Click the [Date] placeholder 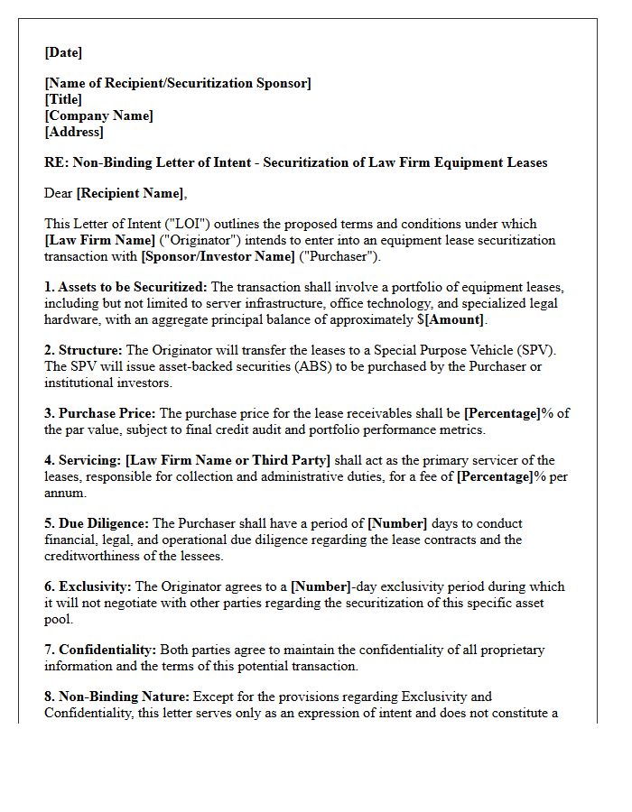tap(63, 52)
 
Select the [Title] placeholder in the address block tap(63, 99)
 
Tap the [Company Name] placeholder tap(98, 115)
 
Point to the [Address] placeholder tap(74, 132)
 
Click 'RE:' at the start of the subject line tap(56, 162)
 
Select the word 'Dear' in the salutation tap(59, 193)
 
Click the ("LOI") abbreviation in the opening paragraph tap(155, 224)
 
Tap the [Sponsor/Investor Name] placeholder tap(218, 256)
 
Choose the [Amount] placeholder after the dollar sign tap(456, 319)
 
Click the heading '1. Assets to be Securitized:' tap(125, 287)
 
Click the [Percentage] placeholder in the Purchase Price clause tap(501, 413)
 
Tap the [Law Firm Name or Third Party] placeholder tap(228, 460)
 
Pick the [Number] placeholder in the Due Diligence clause tap(396, 523)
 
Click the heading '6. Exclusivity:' tap(88, 586)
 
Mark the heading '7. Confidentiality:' tap(100, 650)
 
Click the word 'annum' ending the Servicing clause tap(64, 493)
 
